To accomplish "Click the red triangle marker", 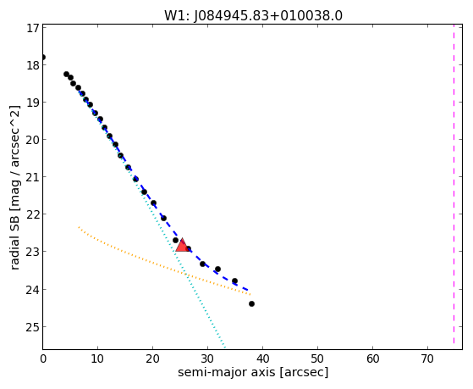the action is click(x=182, y=245).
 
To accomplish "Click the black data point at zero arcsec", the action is click(x=43, y=57).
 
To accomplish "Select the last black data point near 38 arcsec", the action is click(x=251, y=303).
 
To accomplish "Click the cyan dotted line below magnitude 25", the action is click(x=221, y=338).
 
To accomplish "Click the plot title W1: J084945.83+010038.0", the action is click(x=253, y=16).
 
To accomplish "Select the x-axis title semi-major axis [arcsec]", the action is click(x=253, y=372).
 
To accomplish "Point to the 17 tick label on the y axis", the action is click(x=33, y=28).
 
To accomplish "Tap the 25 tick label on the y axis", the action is click(x=33, y=327).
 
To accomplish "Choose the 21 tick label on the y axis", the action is click(x=33, y=177).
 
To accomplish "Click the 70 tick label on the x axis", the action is click(x=427, y=358).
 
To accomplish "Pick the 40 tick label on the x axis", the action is click(x=262, y=358).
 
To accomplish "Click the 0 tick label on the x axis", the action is click(x=43, y=358).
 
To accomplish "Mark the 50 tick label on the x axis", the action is click(x=317, y=358).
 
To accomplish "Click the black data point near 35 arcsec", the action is click(x=234, y=281).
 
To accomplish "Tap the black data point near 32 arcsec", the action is click(x=217, y=269).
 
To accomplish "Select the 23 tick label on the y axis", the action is click(x=33, y=252).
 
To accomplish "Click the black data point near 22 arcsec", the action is click(x=163, y=218).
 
